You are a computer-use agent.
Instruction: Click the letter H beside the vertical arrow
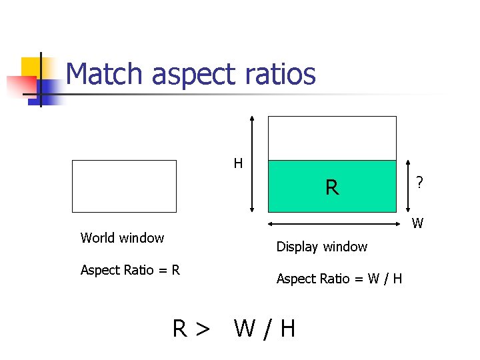[x=238, y=163]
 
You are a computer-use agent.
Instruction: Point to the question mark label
[x=419, y=182]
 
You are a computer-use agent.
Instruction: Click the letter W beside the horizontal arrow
[x=417, y=223]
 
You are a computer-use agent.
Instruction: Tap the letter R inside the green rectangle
[x=331, y=188]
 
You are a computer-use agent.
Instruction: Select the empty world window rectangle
[x=124, y=186]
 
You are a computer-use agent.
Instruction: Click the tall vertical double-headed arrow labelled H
[x=251, y=163]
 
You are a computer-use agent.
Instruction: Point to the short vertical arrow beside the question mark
[x=407, y=186]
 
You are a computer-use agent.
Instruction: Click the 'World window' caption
[x=122, y=238]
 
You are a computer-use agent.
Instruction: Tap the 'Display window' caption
[x=322, y=247]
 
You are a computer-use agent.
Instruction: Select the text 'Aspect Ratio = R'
[x=130, y=270]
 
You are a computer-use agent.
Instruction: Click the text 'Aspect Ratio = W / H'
[x=339, y=279]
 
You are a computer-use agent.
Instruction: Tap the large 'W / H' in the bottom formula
[x=265, y=328]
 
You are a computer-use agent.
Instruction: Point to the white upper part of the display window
[x=331, y=138]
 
